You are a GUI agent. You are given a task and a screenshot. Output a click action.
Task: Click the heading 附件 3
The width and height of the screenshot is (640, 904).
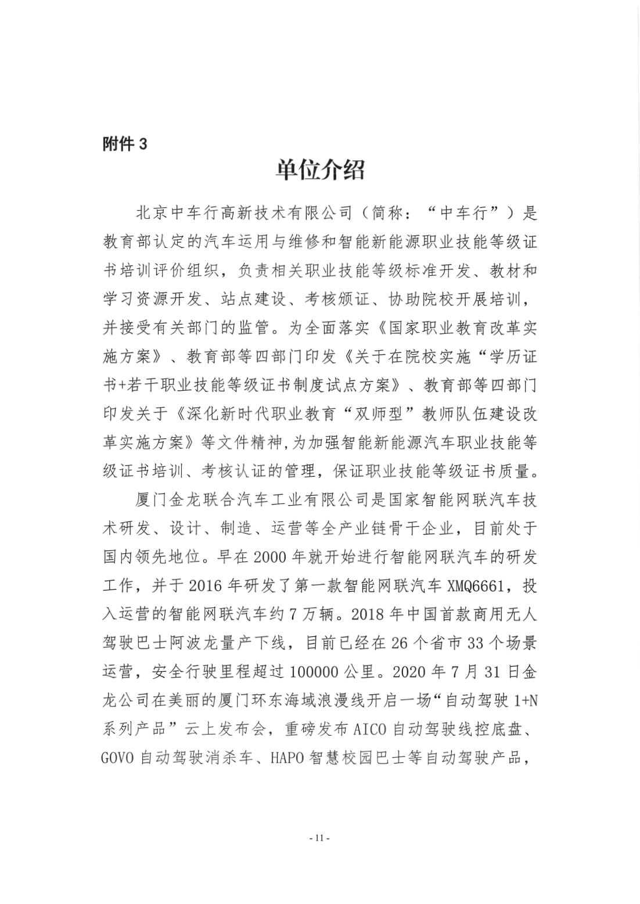[x=125, y=144]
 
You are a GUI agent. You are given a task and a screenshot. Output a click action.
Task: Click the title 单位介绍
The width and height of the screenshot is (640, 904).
[x=320, y=170]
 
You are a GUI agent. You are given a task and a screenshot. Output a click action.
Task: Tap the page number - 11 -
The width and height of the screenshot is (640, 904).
[x=320, y=838]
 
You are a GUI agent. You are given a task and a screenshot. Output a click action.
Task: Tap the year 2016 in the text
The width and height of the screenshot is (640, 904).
[x=206, y=585]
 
